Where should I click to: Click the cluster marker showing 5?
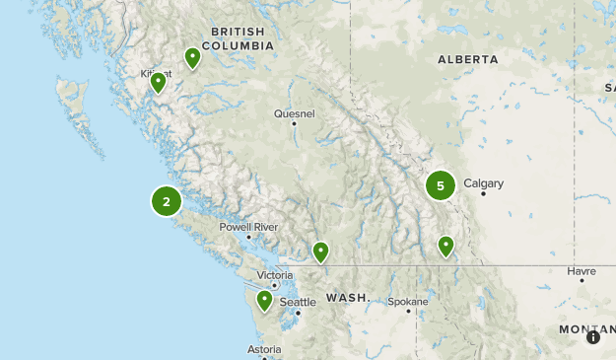point(441,185)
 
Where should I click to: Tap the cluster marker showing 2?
point(167,201)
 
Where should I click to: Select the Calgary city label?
point(483,183)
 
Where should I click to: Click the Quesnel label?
point(294,113)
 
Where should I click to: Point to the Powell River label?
point(248,227)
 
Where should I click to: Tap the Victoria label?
point(275,275)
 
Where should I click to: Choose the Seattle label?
point(298,302)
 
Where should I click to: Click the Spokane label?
point(408,302)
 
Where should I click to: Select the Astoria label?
point(265,350)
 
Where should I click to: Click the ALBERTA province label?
point(468,59)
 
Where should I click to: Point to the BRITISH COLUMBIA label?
point(238,38)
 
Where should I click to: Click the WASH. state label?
point(348,297)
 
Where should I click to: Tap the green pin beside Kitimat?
point(158,83)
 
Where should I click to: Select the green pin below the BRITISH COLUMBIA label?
point(192,58)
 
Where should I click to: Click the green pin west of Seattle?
point(264,300)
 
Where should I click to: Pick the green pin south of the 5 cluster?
point(445,245)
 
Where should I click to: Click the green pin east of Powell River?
point(320,252)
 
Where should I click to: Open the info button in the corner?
point(593,337)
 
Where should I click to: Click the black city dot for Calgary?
point(483,194)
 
